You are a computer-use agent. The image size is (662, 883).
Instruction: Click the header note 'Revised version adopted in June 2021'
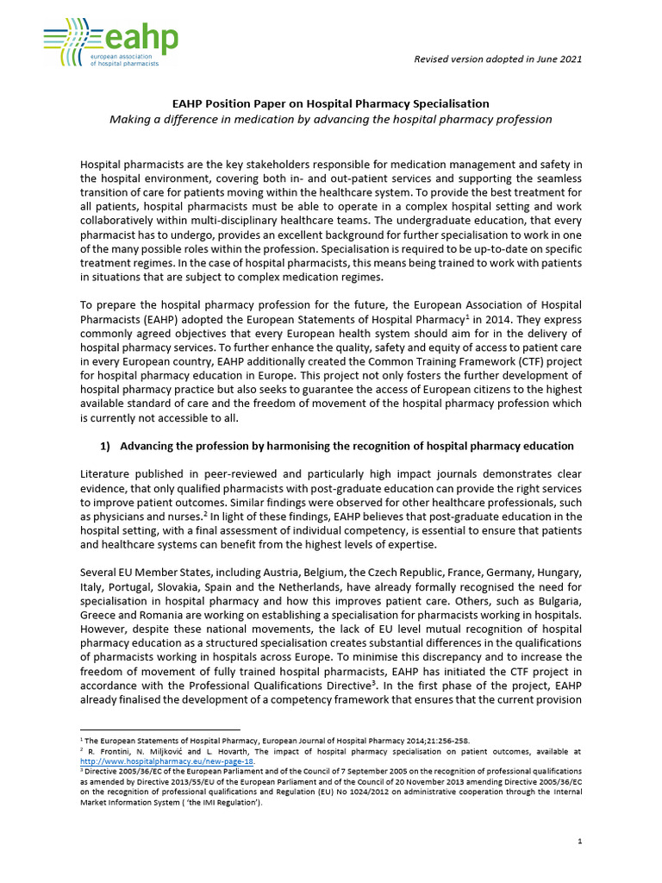coord(497,59)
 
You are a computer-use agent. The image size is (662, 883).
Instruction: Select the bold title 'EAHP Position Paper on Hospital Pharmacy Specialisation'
coord(330,103)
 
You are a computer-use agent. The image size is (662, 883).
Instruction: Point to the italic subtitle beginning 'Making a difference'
coord(330,119)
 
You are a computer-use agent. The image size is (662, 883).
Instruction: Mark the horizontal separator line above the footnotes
coord(159,730)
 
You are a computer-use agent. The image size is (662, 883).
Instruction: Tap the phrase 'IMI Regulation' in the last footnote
coord(219,802)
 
